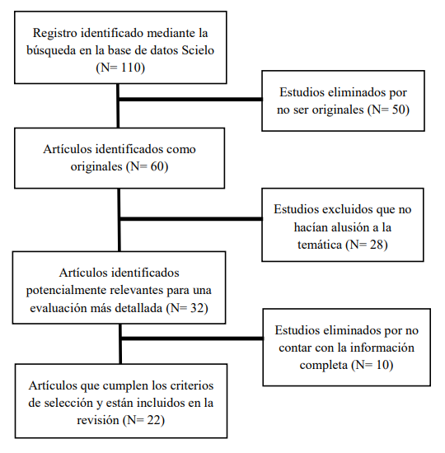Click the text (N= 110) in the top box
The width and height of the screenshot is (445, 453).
pyautogui.click(x=119, y=68)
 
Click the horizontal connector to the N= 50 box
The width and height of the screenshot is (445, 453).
pyautogui.click(x=190, y=101)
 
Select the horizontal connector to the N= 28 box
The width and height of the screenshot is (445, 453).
pyautogui.click(x=190, y=220)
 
